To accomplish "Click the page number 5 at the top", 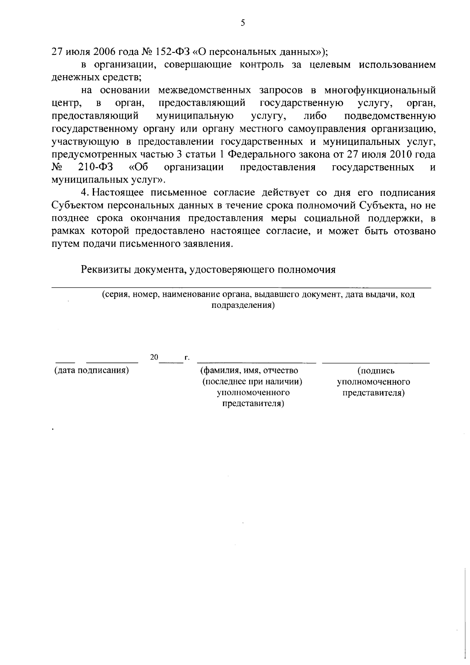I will point(243,23).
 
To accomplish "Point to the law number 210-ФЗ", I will point(96,167).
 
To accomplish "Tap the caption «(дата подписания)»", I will point(92,370).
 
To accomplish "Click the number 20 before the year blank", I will point(154,357).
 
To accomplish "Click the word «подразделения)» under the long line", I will point(243,305).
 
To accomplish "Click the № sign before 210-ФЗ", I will point(57,167).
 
